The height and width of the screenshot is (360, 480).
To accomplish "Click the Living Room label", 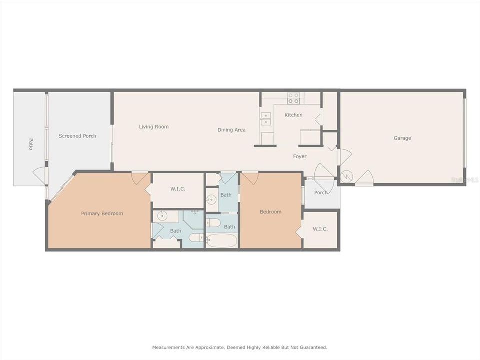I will point(154,127).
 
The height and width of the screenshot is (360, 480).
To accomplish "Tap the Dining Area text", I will point(231,130).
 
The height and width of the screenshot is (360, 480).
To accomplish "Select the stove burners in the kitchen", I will point(294,98).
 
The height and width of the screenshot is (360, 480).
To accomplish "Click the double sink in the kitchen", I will point(266,119).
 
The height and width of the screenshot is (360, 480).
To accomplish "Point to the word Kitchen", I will point(293,115).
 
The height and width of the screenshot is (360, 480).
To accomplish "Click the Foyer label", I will point(300,156).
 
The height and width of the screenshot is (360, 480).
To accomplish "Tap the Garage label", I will point(402,138).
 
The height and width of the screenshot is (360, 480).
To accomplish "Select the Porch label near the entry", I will point(321,193).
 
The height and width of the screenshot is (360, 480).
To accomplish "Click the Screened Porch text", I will point(77,136).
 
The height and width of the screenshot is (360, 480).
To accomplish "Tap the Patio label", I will point(30,144).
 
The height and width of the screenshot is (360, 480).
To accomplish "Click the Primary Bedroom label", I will point(102,213).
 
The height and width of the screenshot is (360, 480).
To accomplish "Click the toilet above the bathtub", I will point(212,222).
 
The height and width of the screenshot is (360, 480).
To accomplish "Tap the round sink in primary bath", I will point(162,216).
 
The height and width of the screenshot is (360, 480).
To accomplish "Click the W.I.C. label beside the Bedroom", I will point(320,229).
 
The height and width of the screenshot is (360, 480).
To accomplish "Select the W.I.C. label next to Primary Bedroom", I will point(178,188).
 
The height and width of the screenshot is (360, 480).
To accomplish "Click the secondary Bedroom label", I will point(270,212).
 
